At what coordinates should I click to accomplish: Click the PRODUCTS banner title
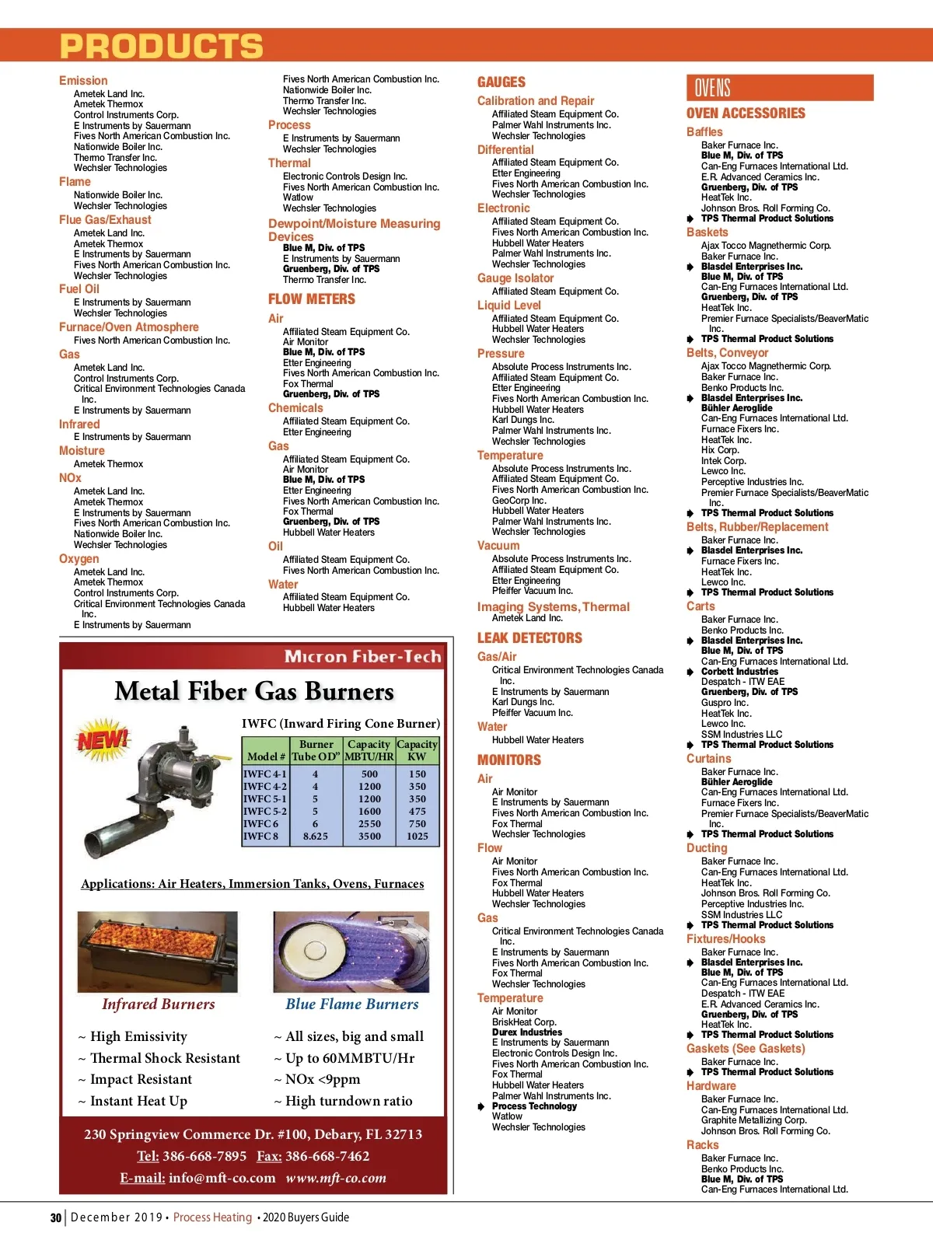(x=162, y=47)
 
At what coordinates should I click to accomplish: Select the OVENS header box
(x=779, y=88)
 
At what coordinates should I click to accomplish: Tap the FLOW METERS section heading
(x=311, y=299)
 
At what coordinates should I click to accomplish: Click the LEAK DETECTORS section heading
(x=529, y=638)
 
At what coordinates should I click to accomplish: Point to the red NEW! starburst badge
(x=102, y=739)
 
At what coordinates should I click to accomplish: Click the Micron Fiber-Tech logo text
(x=362, y=657)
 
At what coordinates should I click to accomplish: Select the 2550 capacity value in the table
(x=369, y=824)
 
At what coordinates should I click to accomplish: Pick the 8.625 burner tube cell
(x=315, y=837)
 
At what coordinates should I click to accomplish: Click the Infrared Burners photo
(x=157, y=952)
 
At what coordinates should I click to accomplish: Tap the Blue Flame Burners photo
(x=351, y=952)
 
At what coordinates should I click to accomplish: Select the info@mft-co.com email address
(x=222, y=1178)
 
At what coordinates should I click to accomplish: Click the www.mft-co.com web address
(x=336, y=1178)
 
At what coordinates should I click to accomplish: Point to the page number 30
(x=56, y=1217)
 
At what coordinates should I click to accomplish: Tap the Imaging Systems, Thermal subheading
(x=553, y=607)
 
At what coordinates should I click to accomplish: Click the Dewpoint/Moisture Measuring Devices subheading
(x=354, y=230)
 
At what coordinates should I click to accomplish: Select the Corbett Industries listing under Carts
(x=739, y=672)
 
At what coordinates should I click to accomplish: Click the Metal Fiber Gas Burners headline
(x=254, y=691)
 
